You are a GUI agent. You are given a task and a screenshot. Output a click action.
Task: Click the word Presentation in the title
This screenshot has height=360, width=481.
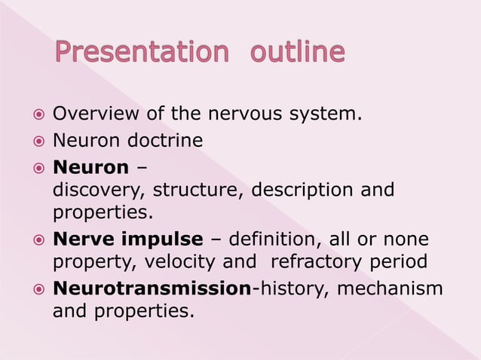(x=141, y=53)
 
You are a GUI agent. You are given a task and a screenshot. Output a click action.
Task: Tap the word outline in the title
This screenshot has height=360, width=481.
(x=297, y=53)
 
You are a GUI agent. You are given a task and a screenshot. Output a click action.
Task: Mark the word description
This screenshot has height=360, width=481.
(x=304, y=190)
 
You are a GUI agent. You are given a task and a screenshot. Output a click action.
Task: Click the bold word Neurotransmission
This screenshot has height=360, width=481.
(x=151, y=288)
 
